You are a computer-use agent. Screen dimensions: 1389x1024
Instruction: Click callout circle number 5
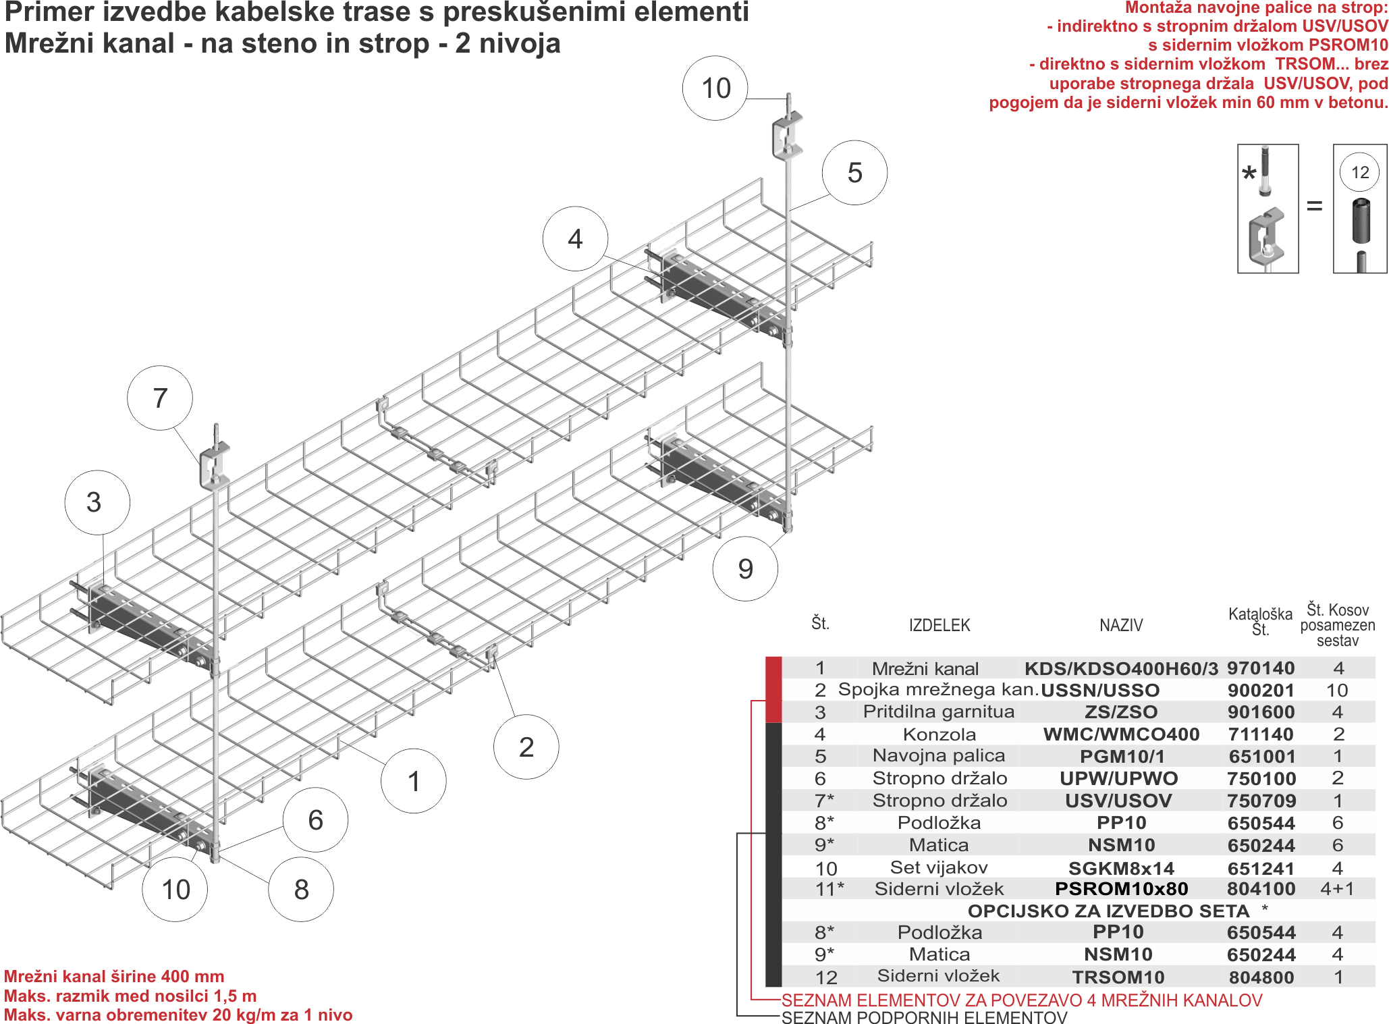point(854,173)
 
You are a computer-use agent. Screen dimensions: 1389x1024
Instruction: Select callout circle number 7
point(160,398)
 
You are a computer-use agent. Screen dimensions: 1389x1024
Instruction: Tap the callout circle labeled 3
point(97,503)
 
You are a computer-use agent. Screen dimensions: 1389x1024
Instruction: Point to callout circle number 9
point(745,568)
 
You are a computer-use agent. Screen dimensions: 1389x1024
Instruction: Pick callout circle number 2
point(526,747)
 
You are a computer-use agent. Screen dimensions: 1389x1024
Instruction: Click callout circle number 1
point(414,781)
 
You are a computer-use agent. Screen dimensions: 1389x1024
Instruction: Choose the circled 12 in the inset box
point(1360,172)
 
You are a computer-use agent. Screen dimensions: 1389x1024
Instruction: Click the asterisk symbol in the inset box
point(1249,173)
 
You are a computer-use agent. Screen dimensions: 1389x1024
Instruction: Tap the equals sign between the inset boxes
point(1315,205)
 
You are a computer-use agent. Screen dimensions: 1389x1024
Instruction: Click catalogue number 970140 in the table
point(1261,668)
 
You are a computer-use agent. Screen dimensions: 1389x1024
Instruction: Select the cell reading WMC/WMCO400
point(1121,734)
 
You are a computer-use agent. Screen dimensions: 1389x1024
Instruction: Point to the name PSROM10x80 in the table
point(1121,889)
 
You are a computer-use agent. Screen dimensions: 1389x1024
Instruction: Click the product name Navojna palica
point(939,756)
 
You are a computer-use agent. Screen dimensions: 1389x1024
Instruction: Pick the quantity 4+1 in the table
point(1337,889)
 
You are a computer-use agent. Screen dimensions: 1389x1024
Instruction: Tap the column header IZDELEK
point(939,626)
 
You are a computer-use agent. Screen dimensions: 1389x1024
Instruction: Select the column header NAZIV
point(1121,626)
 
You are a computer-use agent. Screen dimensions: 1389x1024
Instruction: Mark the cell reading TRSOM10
point(1118,977)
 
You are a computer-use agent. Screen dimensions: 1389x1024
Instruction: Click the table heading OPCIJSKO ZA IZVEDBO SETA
point(1108,911)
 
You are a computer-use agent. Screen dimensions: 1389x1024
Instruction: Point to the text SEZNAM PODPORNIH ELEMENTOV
point(924,1017)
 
